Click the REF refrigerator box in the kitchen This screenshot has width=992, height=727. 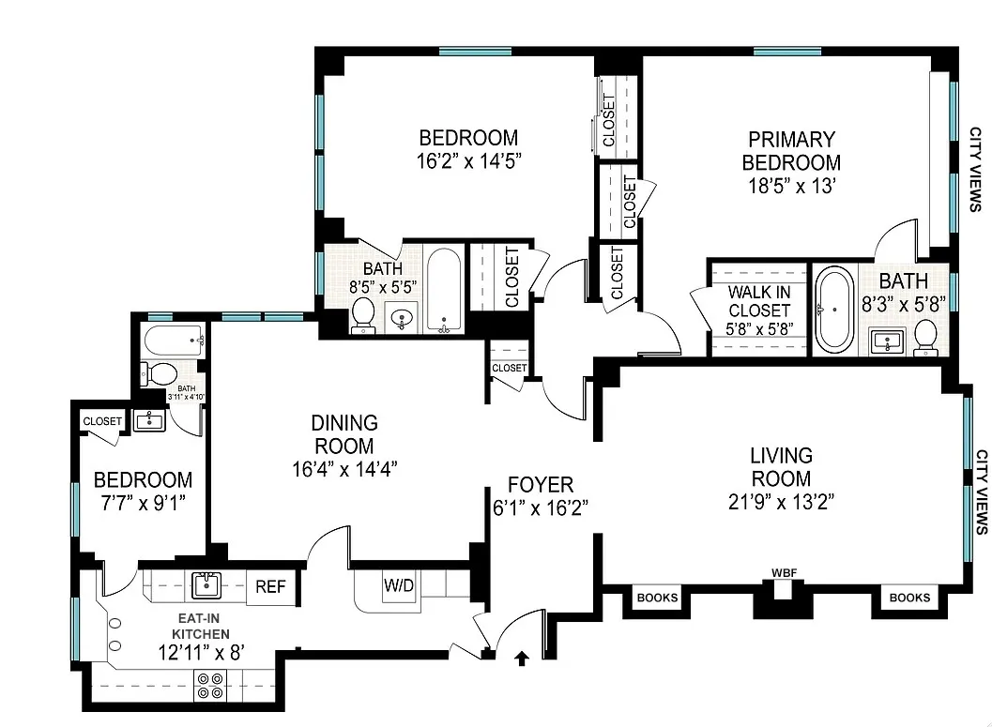[x=272, y=587]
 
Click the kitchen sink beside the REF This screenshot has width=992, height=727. [x=206, y=585]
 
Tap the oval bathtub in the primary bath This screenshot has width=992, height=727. [x=832, y=309]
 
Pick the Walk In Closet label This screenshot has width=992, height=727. [x=758, y=300]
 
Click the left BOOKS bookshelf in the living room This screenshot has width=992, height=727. [x=657, y=598]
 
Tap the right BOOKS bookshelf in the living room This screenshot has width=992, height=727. [x=909, y=598]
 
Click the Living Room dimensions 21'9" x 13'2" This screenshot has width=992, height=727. [x=781, y=500]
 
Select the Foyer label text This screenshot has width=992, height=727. [x=540, y=485]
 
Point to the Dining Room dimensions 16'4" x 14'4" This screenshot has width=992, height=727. [x=345, y=468]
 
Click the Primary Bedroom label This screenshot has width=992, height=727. [x=790, y=151]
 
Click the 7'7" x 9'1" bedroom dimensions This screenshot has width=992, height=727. [x=143, y=502]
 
